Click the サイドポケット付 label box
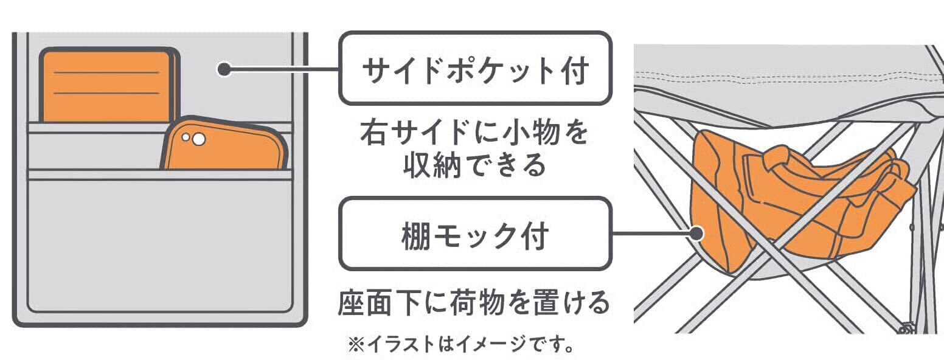476,68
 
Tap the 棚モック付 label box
476,234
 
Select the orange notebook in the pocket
109,85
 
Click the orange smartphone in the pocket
224,144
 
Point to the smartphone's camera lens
199,139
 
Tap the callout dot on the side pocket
225,69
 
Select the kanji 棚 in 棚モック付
417,235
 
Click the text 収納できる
475,165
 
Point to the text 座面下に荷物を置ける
474,302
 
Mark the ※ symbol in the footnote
356,344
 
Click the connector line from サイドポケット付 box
282,69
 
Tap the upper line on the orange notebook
106,73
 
